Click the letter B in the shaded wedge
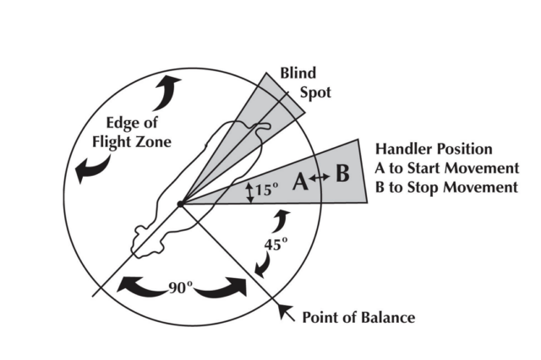pyautogui.click(x=341, y=176)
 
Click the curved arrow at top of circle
pyautogui.click(x=169, y=85)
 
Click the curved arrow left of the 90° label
pyautogui.click(x=138, y=287)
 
